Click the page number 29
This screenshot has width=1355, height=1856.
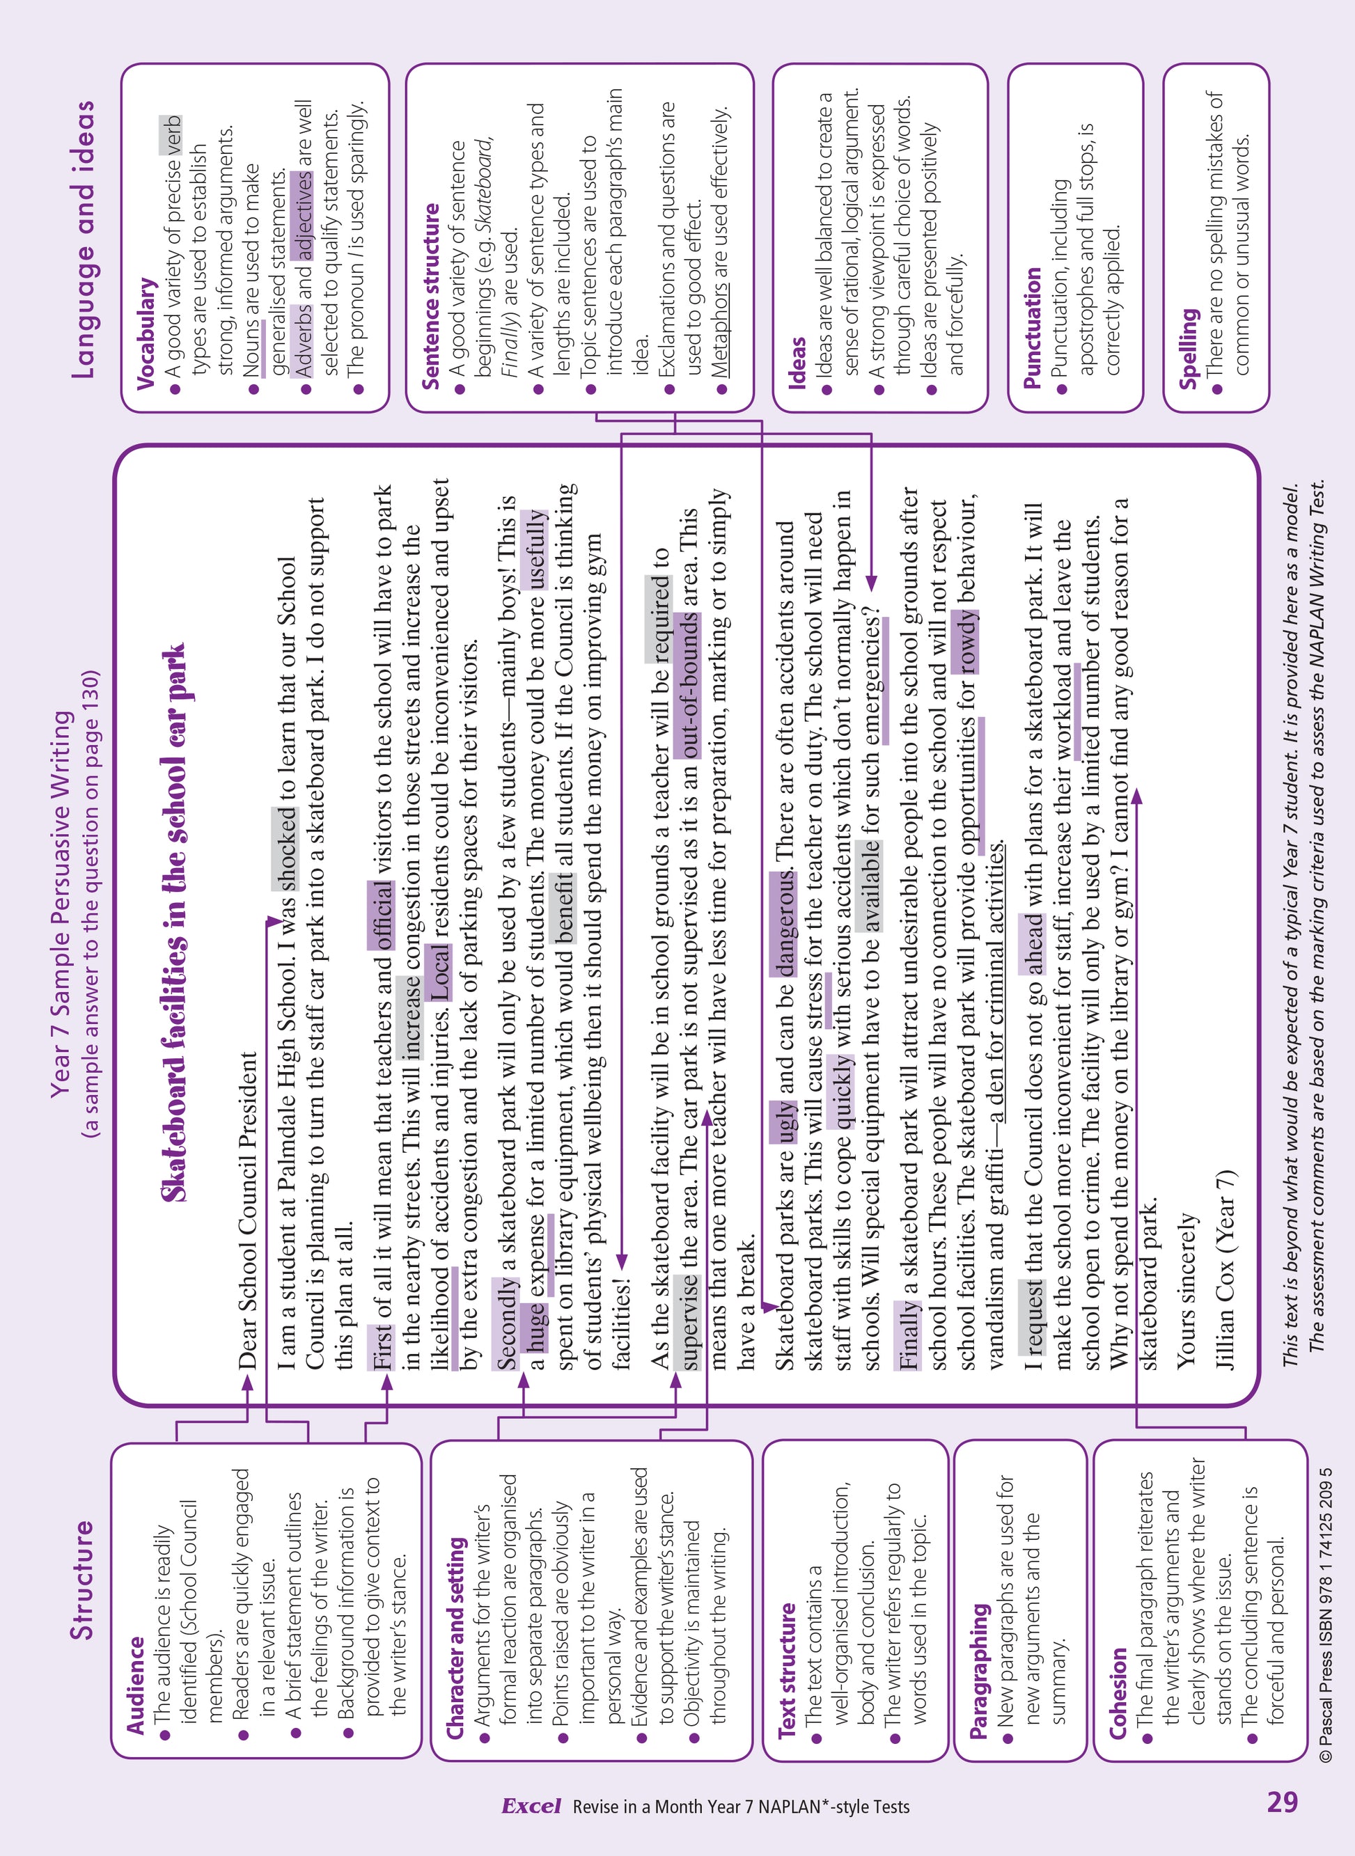[1282, 1802]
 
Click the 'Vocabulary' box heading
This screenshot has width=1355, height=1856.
[146, 332]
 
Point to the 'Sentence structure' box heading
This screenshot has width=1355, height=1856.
[430, 296]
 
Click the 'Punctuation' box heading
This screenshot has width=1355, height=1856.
[1032, 327]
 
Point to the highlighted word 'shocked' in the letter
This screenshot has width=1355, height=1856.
[285, 849]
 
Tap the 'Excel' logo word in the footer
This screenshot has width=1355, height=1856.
[531, 1806]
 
